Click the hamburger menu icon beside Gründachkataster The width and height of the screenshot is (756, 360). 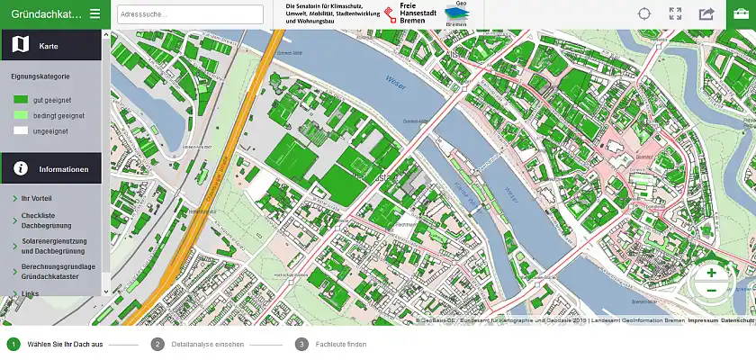pyautogui.click(x=94, y=13)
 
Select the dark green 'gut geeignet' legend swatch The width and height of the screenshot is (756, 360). pyautogui.click(x=21, y=100)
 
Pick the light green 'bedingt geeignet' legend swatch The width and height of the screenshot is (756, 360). pyautogui.click(x=21, y=115)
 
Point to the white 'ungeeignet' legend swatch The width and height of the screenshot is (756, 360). pyautogui.click(x=21, y=130)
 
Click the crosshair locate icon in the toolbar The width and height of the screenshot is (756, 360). pyautogui.click(x=644, y=13)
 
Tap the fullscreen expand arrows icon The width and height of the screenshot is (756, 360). pyautogui.click(x=675, y=13)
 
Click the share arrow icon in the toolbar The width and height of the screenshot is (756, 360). pyautogui.click(x=706, y=13)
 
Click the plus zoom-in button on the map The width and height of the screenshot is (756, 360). pyautogui.click(x=711, y=273)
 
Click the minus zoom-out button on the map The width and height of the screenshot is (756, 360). pyautogui.click(x=711, y=291)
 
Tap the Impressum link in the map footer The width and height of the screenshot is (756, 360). pyautogui.click(x=702, y=321)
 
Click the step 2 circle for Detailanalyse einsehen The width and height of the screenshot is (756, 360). pyautogui.click(x=157, y=344)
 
